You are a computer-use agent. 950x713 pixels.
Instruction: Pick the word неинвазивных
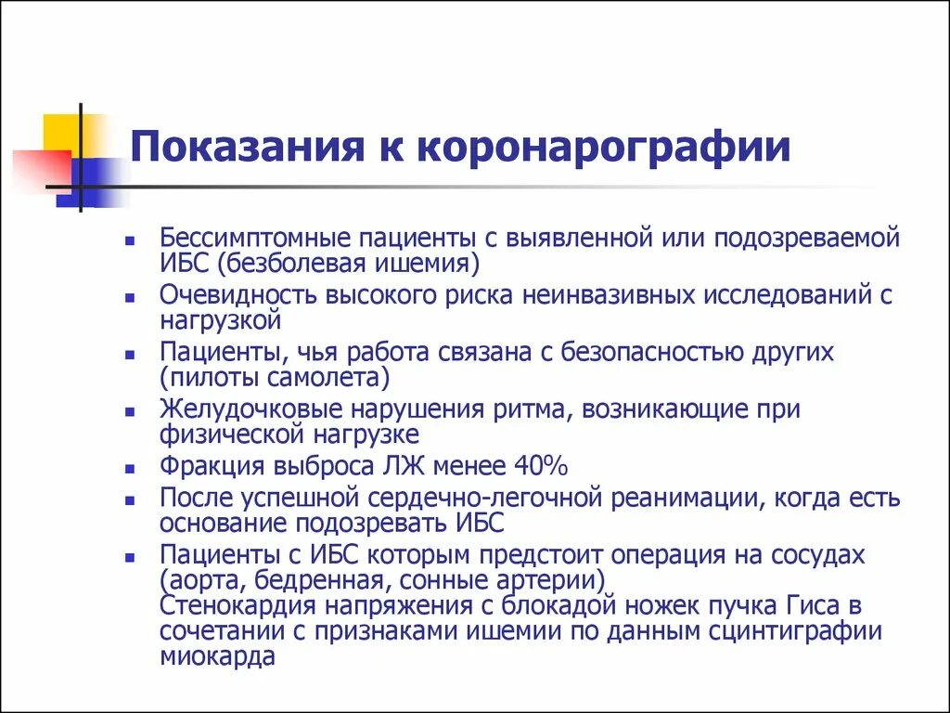(608, 295)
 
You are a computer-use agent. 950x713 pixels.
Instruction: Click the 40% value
(546, 464)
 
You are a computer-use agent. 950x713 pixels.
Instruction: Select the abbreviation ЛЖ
(414, 464)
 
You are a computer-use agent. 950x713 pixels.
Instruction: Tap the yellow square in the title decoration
(64, 132)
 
